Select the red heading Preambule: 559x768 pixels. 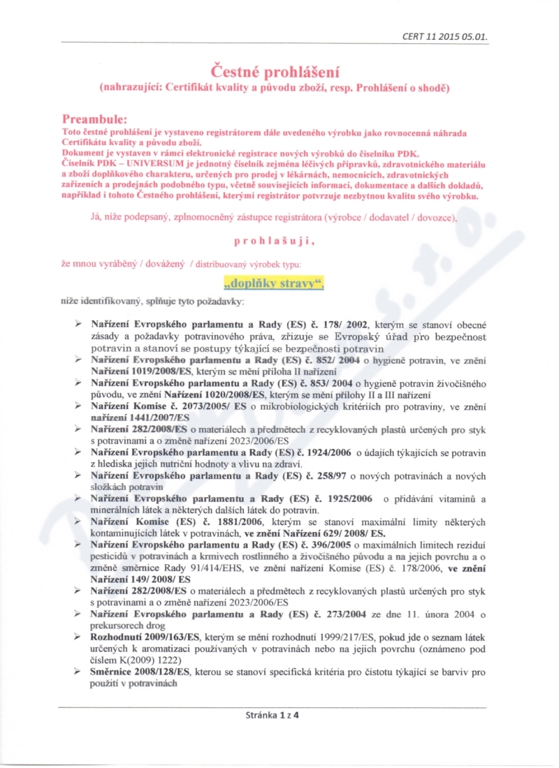(x=94, y=119)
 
